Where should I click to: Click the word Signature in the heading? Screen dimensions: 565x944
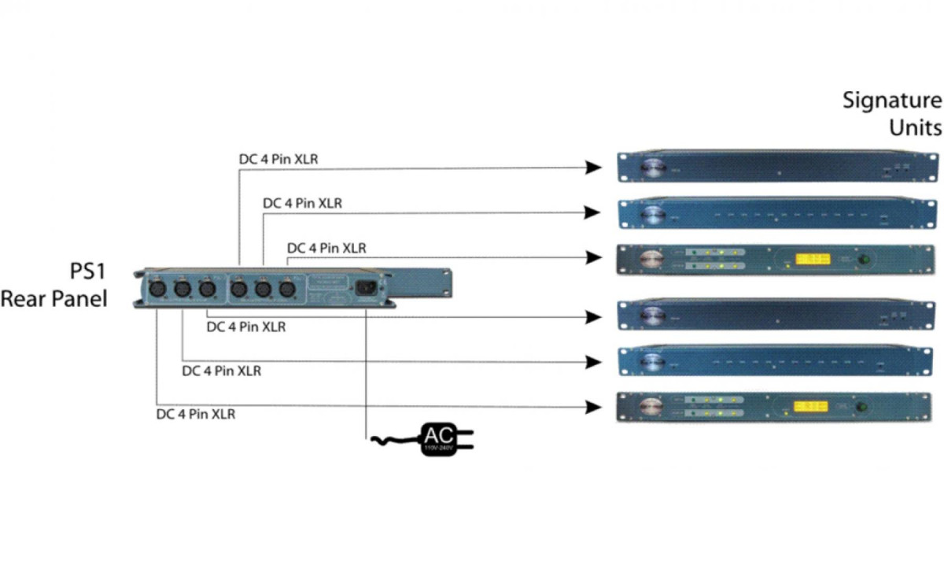point(891,101)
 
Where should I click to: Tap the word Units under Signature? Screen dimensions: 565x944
point(914,127)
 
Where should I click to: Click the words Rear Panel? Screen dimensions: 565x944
point(53,299)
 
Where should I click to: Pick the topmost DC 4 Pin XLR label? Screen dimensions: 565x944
point(278,159)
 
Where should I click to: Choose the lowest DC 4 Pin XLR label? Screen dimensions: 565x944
point(195,413)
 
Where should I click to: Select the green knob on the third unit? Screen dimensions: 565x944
point(866,259)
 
